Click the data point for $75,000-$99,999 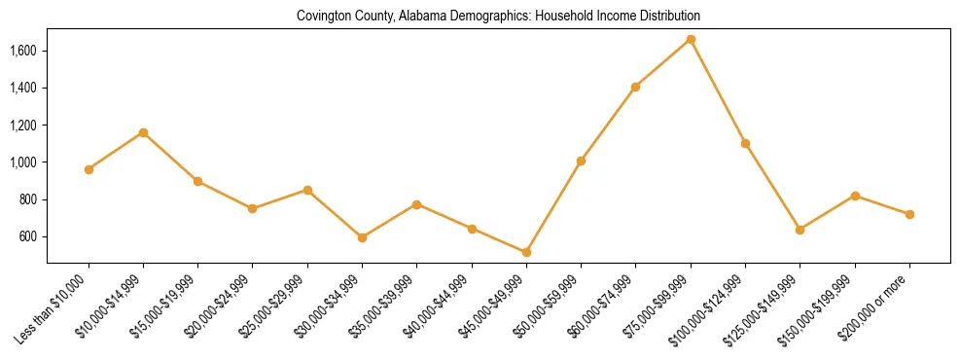(x=691, y=39)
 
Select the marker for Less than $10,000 (x=89, y=169)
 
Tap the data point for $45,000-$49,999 (x=526, y=252)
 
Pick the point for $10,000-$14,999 (x=143, y=132)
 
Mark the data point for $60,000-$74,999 (x=635, y=87)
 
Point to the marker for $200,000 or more (x=909, y=214)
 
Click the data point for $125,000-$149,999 (x=800, y=230)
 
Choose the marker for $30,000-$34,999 (x=362, y=237)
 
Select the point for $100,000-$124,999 (x=745, y=143)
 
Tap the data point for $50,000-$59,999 (x=581, y=161)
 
